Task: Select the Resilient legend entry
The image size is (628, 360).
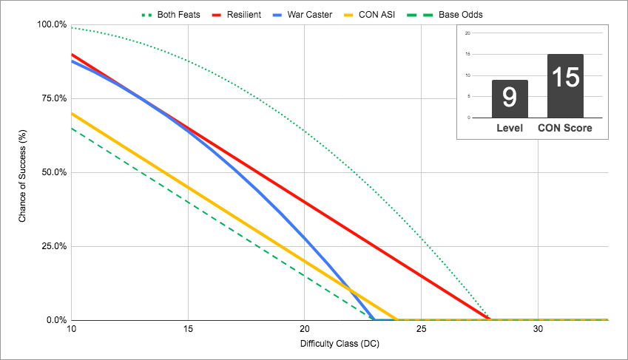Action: [245, 14]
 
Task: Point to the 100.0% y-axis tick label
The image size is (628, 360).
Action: [52, 24]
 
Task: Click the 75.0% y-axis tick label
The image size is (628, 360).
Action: [54, 98]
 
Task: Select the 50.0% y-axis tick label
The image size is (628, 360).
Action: [54, 172]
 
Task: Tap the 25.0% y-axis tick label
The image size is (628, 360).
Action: [54, 246]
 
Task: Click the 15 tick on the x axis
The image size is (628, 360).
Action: [188, 328]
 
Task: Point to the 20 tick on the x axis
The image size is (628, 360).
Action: [304, 328]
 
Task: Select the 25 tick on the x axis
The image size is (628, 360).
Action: [420, 328]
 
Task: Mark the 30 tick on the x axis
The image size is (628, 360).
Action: [537, 328]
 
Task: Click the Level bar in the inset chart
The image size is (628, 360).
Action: [510, 99]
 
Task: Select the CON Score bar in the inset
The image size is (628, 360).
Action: [565, 86]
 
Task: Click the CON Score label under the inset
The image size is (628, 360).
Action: [565, 129]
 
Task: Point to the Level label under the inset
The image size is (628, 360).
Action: [510, 129]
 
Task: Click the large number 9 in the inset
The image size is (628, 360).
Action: [510, 97]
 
